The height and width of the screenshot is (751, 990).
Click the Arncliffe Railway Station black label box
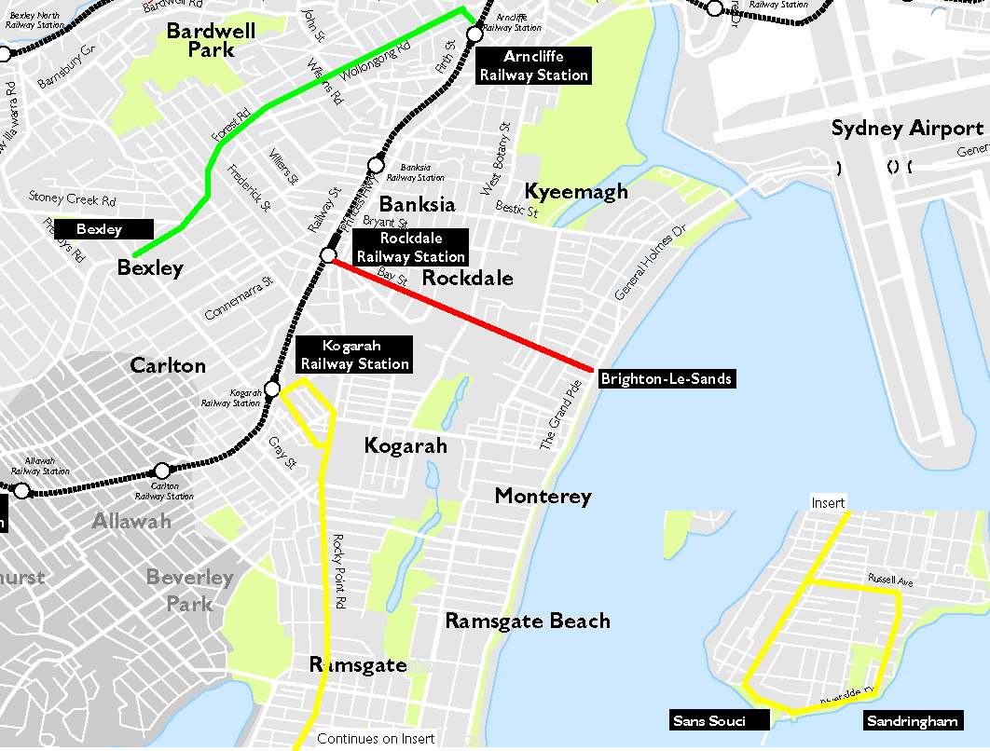coord(533,66)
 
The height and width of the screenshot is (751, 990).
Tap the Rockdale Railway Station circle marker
coord(328,254)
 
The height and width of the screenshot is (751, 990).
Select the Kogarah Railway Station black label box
coord(353,355)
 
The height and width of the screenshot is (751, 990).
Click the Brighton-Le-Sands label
coord(666,378)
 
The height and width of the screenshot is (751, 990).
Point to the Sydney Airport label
coord(907,129)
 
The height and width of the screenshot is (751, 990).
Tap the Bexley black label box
coord(101,229)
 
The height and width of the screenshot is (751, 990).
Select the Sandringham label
coord(913,720)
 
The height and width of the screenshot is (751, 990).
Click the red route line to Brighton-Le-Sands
coord(461,315)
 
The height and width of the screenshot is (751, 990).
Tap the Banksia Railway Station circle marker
coord(377,163)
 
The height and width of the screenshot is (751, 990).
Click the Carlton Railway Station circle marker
coord(162,471)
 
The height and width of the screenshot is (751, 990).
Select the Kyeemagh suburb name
coord(576,191)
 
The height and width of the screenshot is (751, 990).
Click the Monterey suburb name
coord(543,496)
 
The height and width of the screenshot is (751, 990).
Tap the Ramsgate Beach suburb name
coord(527,621)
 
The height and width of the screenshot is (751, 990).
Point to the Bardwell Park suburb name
coord(211,41)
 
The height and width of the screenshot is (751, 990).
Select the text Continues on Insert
coord(376,739)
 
